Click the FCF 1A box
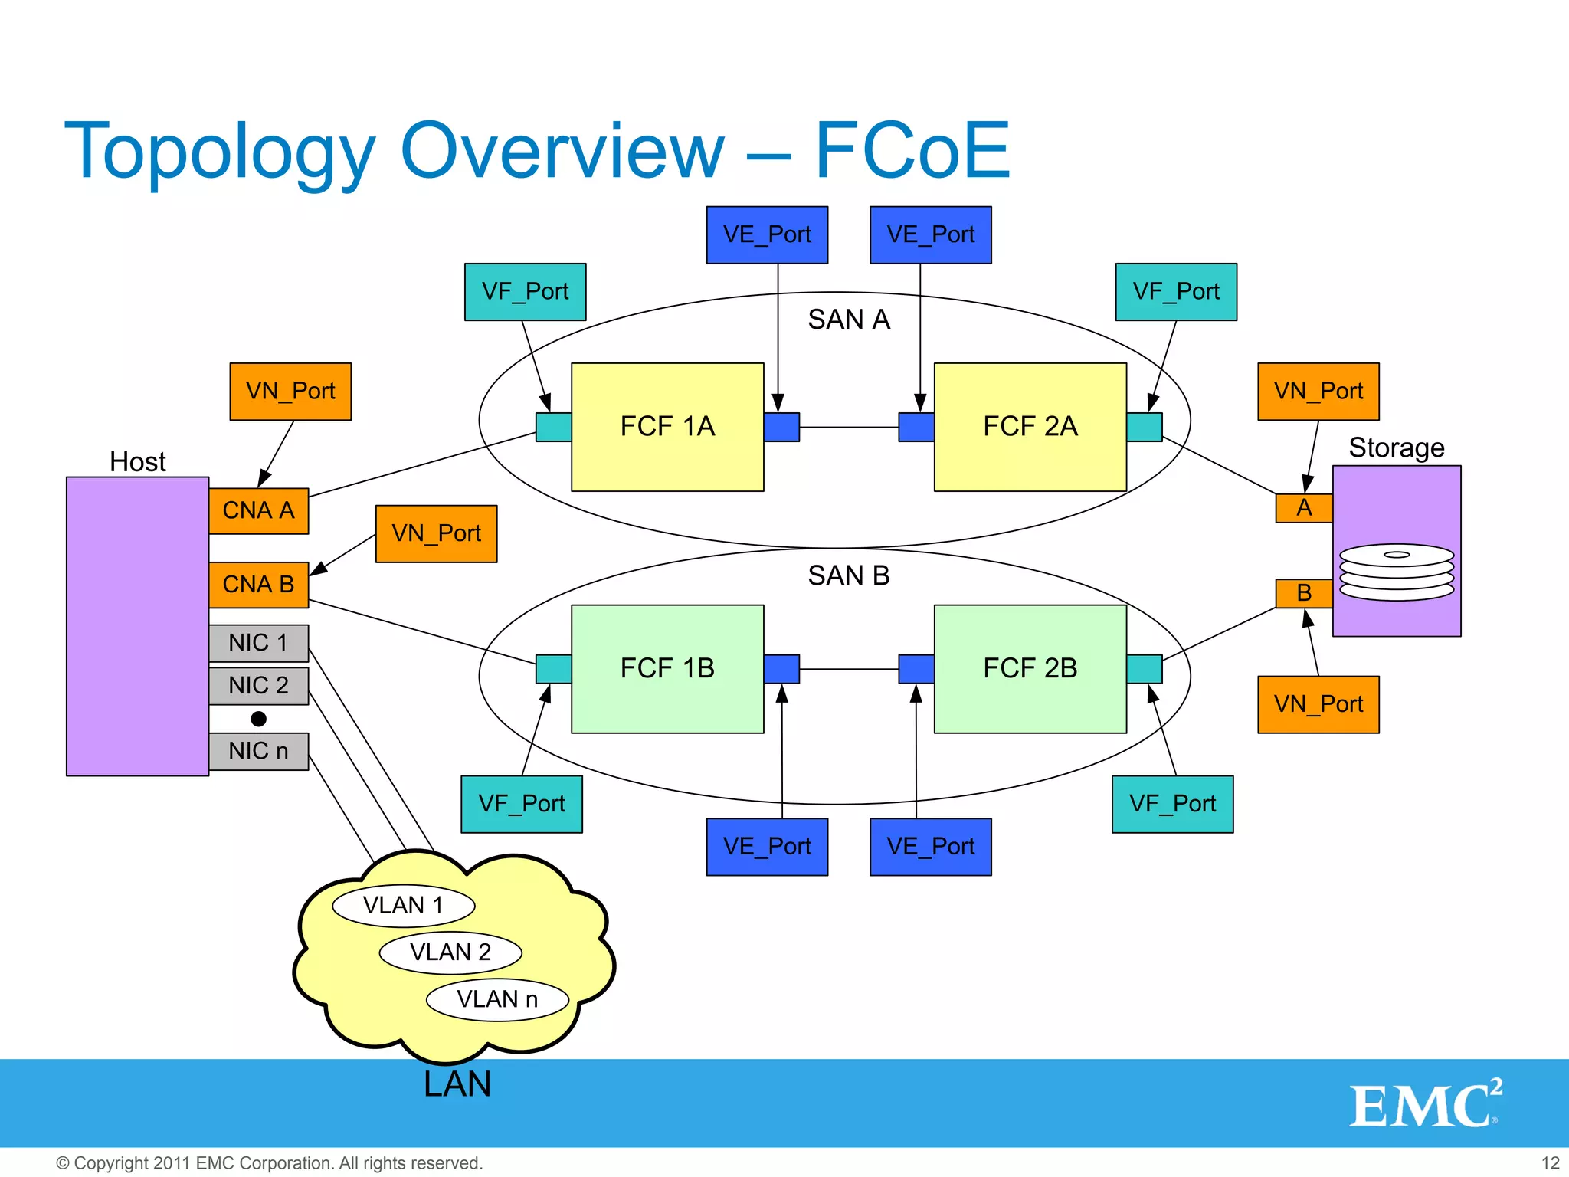click(x=667, y=427)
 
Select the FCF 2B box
click(x=1030, y=668)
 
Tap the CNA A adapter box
click(x=258, y=510)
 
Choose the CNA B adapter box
click(x=258, y=585)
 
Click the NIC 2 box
click(x=258, y=685)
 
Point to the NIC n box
click(x=258, y=751)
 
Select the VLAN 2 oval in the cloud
click(x=450, y=952)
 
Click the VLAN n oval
click(x=497, y=999)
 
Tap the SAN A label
click(x=849, y=320)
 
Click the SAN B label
click(x=849, y=575)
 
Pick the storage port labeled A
click(x=1304, y=508)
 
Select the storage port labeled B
click(x=1304, y=593)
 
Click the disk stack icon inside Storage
click(x=1396, y=572)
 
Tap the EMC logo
click(x=1424, y=1104)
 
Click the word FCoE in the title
click(x=912, y=151)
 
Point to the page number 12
click(x=1550, y=1163)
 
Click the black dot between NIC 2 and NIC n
click(x=259, y=719)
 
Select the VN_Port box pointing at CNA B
click(x=436, y=533)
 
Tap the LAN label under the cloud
click(x=457, y=1084)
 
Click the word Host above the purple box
click(x=138, y=462)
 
